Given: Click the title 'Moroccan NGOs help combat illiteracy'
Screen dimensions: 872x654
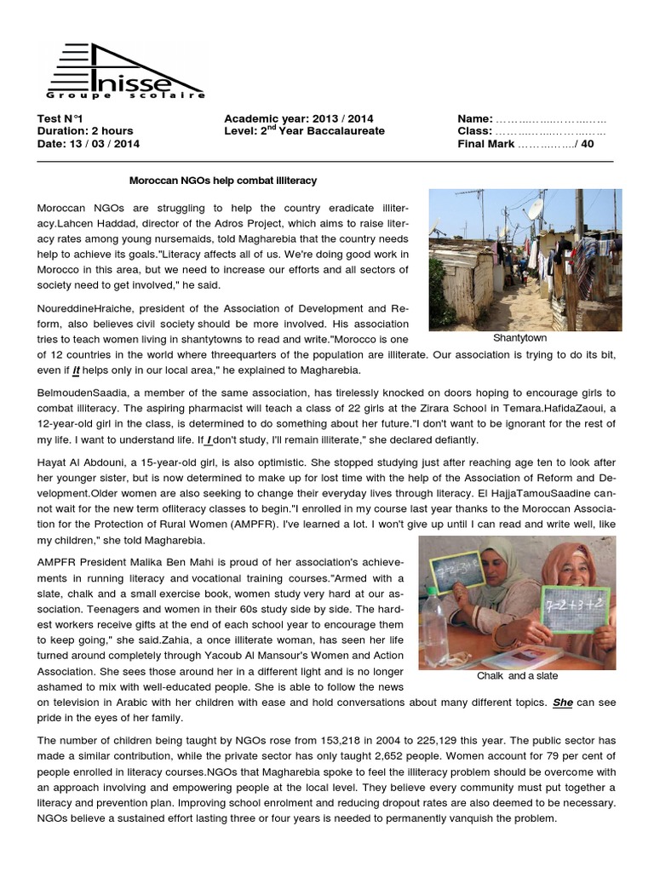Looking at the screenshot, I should pyautogui.click(x=222, y=181).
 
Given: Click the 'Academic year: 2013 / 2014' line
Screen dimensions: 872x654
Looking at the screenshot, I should pyautogui.click(x=298, y=118).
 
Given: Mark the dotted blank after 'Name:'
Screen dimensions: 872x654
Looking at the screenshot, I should pyautogui.click(x=551, y=118).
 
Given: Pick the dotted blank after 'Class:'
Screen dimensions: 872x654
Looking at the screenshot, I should pyautogui.click(x=551, y=131).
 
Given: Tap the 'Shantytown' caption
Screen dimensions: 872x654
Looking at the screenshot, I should pyautogui.click(x=519, y=338).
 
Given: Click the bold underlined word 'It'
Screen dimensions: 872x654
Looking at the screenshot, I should pyautogui.click(x=76, y=370).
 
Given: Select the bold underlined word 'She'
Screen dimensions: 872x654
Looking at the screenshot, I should pyautogui.click(x=564, y=703).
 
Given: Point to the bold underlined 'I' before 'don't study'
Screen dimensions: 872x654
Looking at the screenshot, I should pyautogui.click(x=209, y=439).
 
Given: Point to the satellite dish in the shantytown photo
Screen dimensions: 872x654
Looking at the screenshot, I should pyautogui.click(x=535, y=209).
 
